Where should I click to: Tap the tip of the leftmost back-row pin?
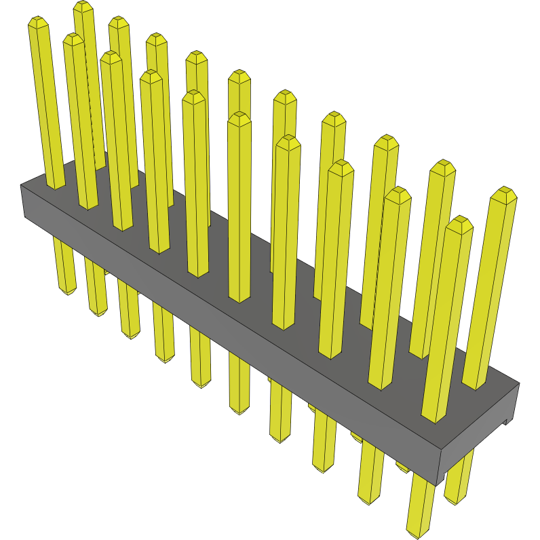[x=83, y=6]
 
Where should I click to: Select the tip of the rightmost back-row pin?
[x=503, y=195]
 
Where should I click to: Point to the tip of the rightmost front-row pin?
[x=459, y=223]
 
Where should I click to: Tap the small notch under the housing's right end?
[x=505, y=421]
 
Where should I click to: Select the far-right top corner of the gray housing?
[x=519, y=383]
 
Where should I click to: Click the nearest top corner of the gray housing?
[x=441, y=448]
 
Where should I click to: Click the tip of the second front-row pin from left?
[x=73, y=39]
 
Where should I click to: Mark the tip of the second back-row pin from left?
[x=119, y=22]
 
